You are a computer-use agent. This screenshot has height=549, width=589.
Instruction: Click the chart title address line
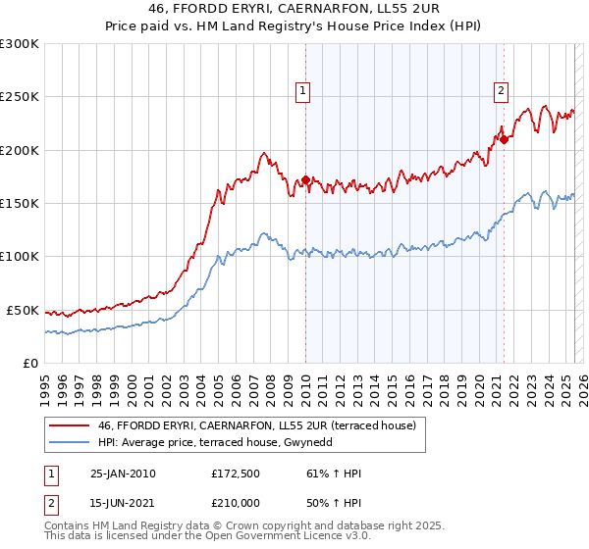[294, 9]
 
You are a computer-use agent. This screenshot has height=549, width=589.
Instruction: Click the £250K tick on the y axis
[21, 97]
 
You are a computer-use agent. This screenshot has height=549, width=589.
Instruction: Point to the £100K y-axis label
[21, 257]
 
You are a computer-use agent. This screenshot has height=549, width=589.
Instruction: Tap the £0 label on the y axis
[30, 363]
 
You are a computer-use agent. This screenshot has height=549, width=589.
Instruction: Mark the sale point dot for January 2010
[305, 180]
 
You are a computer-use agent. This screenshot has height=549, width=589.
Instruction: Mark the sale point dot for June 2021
[504, 139]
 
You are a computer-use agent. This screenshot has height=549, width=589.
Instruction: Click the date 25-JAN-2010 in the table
[123, 474]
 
